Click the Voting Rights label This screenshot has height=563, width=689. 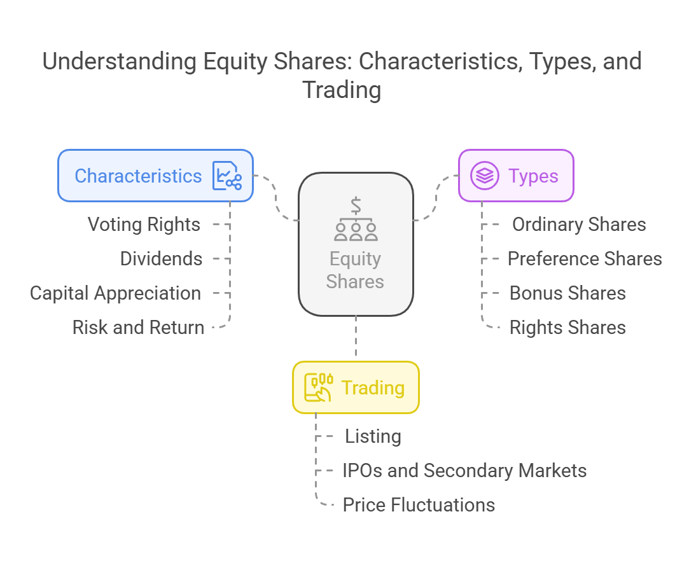[144, 225]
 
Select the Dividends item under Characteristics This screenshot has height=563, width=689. [161, 259]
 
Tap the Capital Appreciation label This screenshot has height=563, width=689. [116, 293]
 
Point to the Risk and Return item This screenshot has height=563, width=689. [139, 328]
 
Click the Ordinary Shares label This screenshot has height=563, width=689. [579, 225]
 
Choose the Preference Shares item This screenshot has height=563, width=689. [585, 259]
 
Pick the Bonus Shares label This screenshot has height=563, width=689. [567, 293]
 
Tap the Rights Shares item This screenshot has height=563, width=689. [567, 328]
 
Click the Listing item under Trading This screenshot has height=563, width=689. [373, 436]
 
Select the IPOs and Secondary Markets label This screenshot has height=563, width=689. [465, 471]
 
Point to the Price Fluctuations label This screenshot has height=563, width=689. [419, 505]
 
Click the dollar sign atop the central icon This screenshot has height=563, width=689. [356, 205]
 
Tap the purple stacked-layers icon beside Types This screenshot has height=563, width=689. [485, 176]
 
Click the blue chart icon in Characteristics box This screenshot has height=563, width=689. [227, 176]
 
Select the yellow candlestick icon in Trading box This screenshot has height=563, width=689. [318, 387]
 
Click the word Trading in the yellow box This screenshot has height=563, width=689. [373, 388]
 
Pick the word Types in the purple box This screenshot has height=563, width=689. [533, 176]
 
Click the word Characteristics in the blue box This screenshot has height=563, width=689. [139, 176]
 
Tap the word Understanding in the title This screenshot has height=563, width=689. [119, 62]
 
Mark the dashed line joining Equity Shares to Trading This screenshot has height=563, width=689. [356, 337]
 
